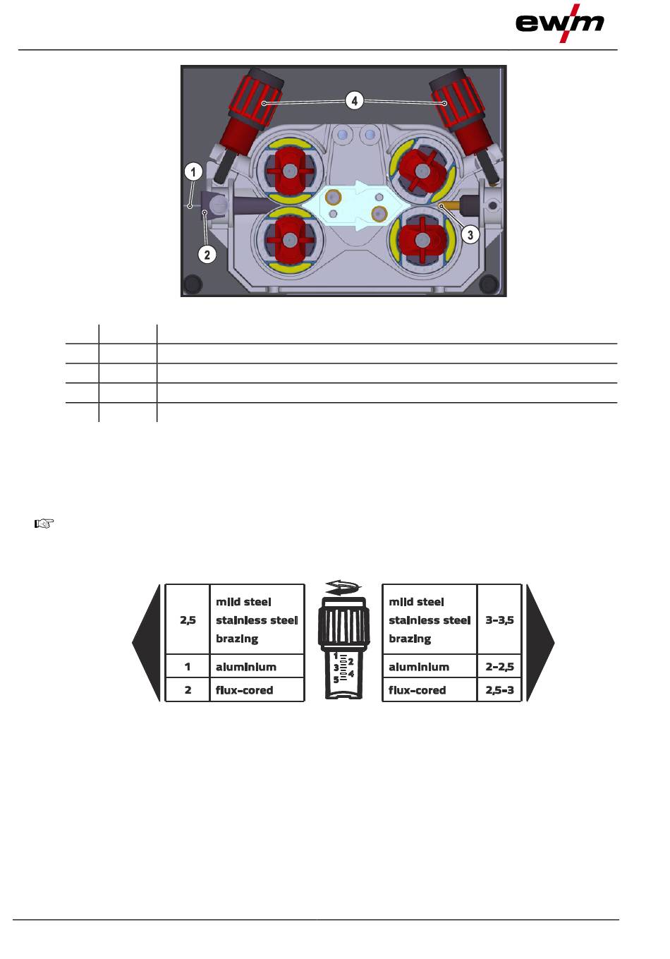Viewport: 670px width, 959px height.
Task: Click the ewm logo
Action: coord(559,23)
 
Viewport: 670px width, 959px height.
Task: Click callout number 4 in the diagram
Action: coord(354,101)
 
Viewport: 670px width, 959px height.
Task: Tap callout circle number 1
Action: coord(193,172)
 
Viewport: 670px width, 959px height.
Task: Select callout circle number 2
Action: coord(207,255)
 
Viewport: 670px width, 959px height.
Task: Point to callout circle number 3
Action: coord(470,234)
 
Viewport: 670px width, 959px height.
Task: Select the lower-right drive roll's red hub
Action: coord(422,240)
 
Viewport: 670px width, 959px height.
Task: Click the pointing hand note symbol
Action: coord(44,523)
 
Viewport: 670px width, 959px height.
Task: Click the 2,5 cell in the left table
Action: coord(188,620)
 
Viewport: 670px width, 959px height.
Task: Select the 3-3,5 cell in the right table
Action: coord(499,620)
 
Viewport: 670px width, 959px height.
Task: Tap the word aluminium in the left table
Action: coord(246,667)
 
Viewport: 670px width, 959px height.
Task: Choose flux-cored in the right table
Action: coord(417,690)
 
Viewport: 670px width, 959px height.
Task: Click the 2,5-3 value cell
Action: coord(499,689)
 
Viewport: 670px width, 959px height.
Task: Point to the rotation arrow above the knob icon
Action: coord(343,587)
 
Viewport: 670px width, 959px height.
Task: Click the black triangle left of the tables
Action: coord(147,643)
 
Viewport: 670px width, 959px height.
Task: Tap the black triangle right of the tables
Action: coord(540,643)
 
